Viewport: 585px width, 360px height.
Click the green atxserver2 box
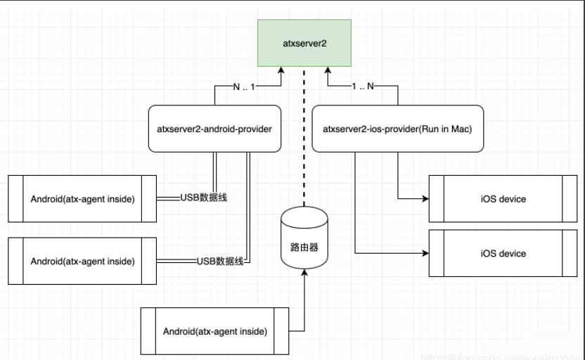coord(304,44)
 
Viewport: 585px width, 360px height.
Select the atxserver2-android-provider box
coord(214,128)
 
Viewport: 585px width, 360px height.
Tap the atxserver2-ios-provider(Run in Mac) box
coord(397,128)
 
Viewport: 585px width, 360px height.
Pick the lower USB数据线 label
coord(220,261)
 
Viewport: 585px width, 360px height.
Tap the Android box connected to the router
coord(214,331)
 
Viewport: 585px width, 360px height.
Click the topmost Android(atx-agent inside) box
coord(82,199)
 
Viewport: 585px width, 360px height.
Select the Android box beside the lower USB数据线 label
coord(82,261)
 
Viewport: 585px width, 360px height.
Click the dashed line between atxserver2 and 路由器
coord(304,141)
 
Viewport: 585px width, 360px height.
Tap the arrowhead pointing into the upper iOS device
coord(424,199)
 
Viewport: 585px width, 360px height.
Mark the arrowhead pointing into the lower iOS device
coord(424,252)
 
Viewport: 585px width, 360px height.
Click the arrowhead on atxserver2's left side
coord(281,71)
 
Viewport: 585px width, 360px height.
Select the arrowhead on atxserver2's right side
coord(328,71)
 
